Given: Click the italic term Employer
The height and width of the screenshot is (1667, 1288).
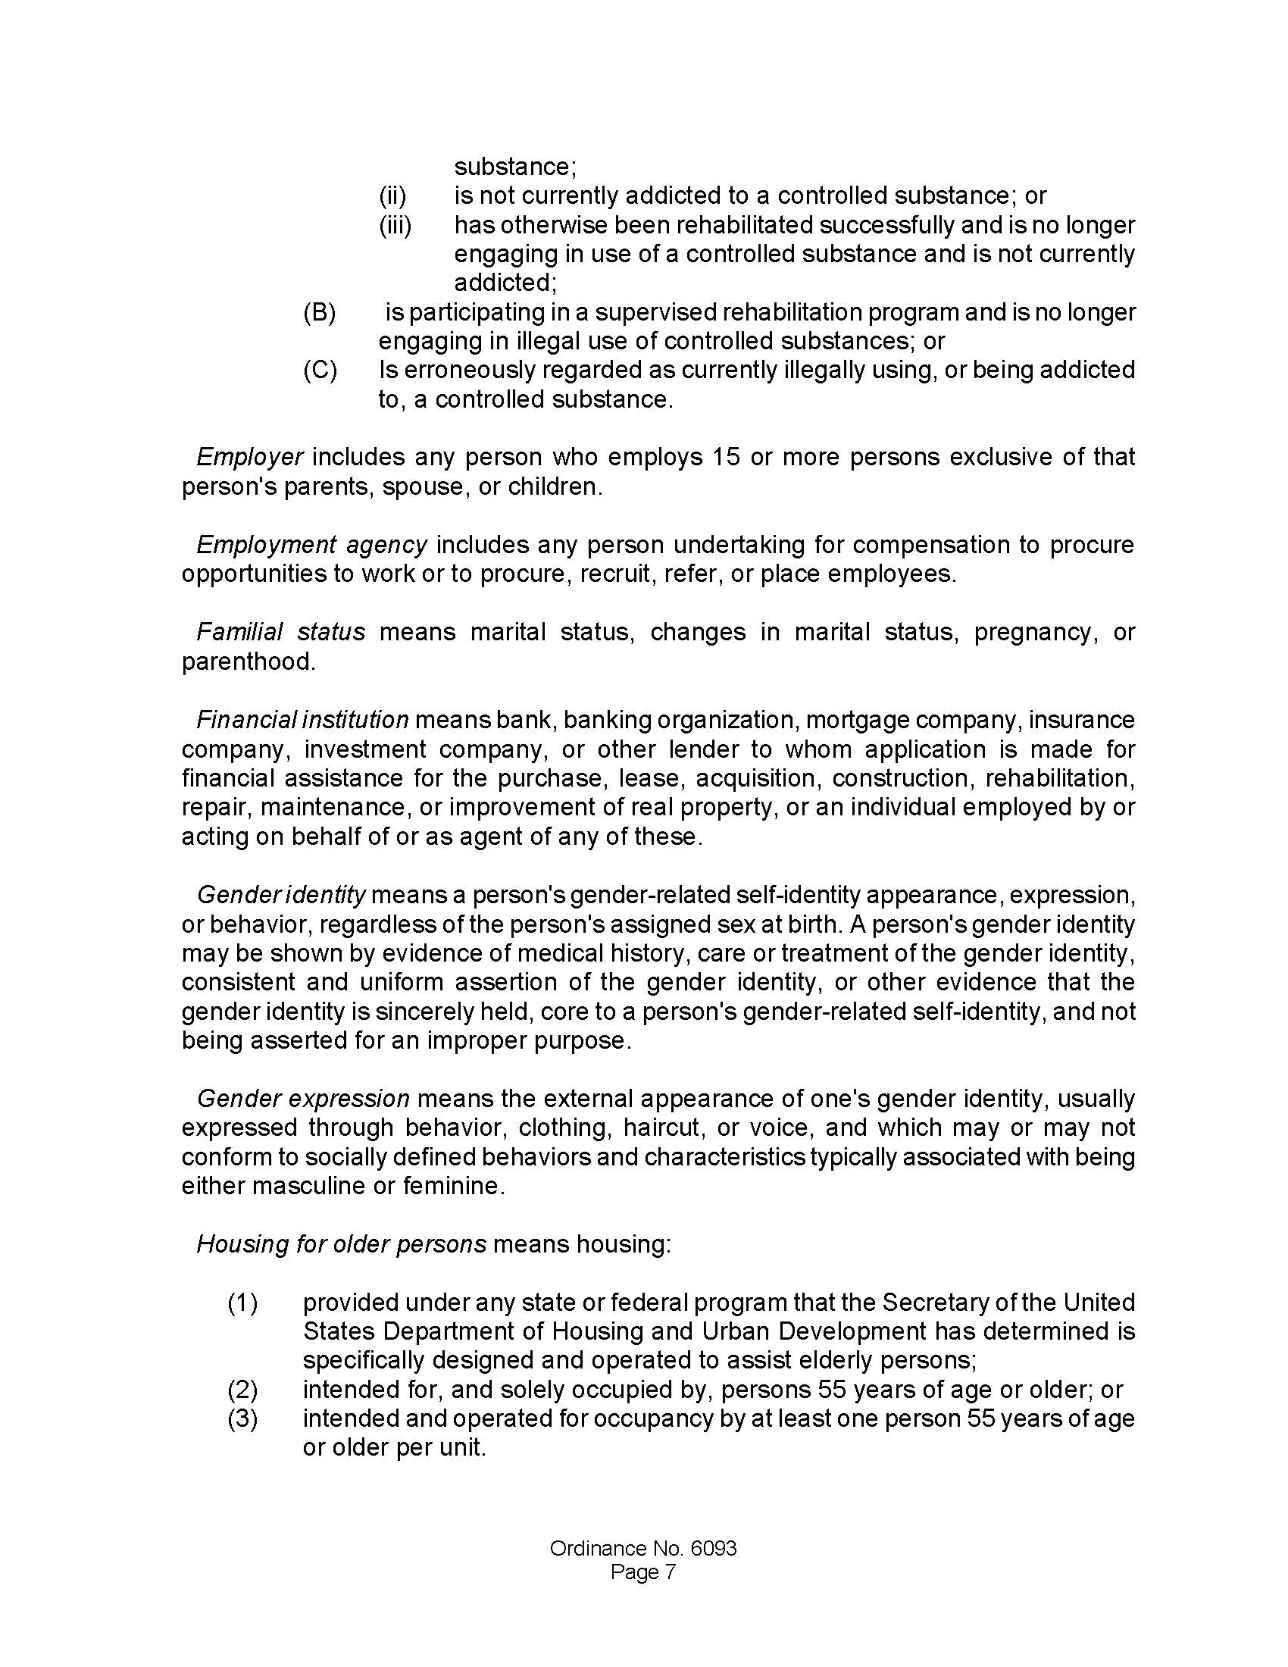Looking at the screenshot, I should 250,457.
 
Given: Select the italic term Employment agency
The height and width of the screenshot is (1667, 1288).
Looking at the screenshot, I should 311,545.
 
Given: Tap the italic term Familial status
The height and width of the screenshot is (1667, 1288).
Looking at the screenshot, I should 280,632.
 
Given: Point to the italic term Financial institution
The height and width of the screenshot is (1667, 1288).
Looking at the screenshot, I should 302,720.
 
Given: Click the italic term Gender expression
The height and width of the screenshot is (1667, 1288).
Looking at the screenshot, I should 303,1099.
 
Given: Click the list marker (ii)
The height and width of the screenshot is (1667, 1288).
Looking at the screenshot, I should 393,196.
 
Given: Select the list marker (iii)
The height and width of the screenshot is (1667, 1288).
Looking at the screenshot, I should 395,225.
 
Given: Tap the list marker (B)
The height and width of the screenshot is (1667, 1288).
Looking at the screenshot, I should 320,313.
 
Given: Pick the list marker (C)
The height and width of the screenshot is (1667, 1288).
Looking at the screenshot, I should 320,371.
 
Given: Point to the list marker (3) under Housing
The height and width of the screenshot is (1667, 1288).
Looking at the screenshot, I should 242,1418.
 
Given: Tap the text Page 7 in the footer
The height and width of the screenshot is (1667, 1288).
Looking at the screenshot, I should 643,1572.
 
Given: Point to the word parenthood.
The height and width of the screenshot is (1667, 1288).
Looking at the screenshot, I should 248,661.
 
